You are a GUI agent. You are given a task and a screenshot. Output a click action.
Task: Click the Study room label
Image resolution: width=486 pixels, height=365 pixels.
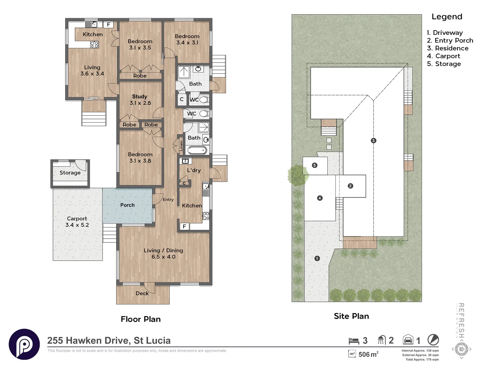(140, 99)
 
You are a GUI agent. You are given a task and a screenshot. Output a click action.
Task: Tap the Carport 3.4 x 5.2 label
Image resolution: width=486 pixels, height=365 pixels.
(77, 222)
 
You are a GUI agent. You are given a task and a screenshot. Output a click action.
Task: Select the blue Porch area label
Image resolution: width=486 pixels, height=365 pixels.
(127, 205)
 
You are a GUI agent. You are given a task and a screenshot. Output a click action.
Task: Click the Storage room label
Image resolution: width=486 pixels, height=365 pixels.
(70, 172)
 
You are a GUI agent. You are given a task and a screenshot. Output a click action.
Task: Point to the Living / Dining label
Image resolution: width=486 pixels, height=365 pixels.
(163, 253)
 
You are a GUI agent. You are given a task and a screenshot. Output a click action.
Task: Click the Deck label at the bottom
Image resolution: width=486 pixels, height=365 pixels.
(142, 293)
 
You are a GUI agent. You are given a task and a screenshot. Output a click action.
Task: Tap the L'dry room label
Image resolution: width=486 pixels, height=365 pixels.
(194, 170)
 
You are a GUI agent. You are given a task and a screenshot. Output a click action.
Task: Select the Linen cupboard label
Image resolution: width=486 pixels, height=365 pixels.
(181, 145)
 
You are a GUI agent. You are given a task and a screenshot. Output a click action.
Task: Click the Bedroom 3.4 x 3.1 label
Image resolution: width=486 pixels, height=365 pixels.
(187, 39)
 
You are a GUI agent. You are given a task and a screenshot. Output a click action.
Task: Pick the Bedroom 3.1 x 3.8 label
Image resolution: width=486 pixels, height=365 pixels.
(140, 157)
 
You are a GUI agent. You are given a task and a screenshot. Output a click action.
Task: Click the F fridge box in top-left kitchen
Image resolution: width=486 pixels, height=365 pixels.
(108, 24)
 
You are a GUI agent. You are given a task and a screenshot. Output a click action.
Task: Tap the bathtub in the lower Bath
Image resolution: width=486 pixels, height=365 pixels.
(197, 150)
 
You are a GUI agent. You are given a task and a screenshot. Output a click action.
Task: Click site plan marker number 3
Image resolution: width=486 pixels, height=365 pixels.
(373, 140)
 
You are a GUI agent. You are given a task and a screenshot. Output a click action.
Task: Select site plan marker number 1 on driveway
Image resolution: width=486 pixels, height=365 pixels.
(317, 258)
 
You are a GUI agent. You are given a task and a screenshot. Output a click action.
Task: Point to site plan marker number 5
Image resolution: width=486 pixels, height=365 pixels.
(315, 165)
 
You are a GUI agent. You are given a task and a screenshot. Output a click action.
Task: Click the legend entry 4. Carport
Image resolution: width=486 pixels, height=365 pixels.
(443, 56)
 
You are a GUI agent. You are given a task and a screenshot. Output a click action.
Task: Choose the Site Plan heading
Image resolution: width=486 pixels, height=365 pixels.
(351, 316)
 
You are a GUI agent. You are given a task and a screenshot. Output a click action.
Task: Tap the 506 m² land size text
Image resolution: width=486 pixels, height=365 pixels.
(368, 354)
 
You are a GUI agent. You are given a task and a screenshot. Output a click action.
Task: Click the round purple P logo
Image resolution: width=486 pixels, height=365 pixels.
(24, 344)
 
